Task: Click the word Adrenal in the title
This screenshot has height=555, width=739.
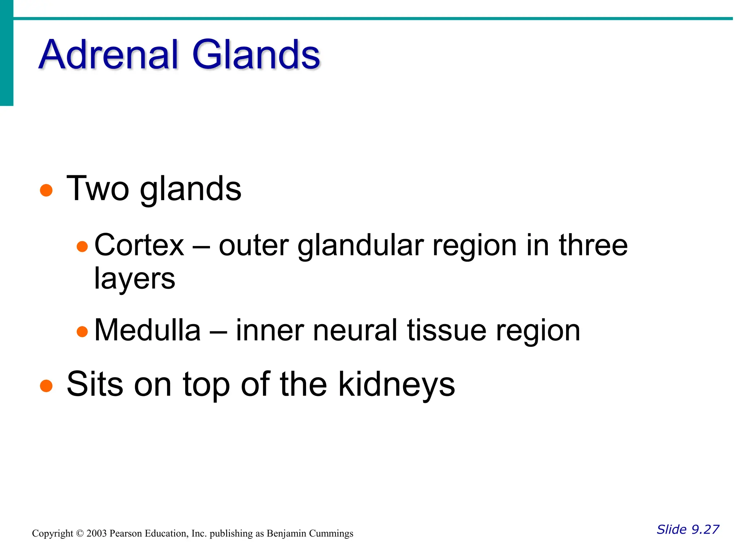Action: (x=108, y=55)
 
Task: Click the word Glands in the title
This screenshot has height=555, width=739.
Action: (x=256, y=55)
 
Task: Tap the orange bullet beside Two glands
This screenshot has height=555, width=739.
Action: (x=46, y=190)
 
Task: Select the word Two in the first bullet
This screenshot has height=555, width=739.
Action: (x=98, y=189)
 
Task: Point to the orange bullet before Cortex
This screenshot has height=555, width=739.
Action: (x=82, y=247)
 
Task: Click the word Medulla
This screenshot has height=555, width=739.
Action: (x=147, y=330)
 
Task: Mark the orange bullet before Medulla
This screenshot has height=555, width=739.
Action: (x=82, y=332)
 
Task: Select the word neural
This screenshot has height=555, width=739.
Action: (x=355, y=330)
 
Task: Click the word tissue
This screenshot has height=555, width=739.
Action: (x=447, y=330)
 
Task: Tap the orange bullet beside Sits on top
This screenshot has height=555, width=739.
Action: (x=46, y=386)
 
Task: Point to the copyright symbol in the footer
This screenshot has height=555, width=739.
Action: (x=80, y=534)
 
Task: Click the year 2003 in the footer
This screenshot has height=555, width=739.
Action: (x=96, y=534)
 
